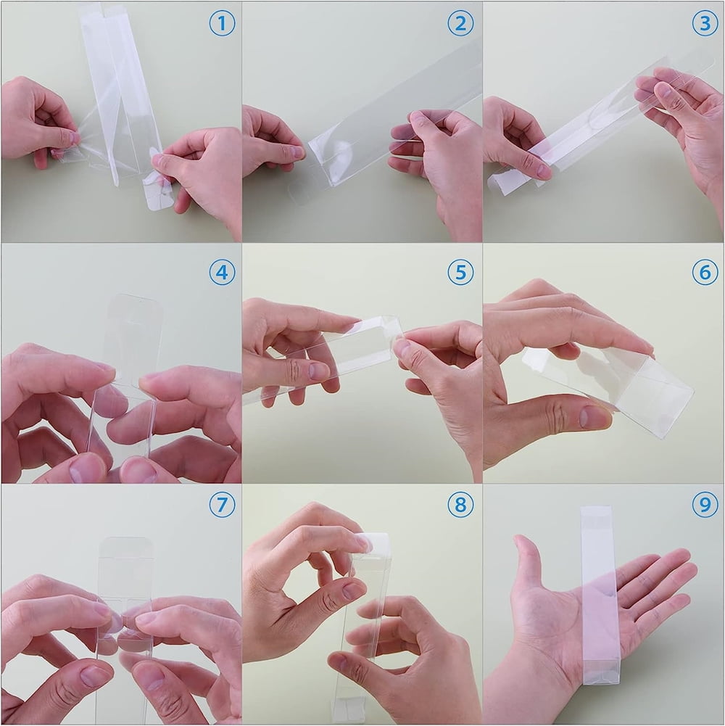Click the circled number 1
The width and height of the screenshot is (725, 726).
pyautogui.click(x=223, y=22)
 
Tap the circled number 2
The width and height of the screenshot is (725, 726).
pyautogui.click(x=460, y=22)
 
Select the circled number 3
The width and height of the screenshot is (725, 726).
pyautogui.click(x=705, y=22)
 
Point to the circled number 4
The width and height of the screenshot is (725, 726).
pyautogui.click(x=223, y=272)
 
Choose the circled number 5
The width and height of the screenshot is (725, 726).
pyautogui.click(x=460, y=272)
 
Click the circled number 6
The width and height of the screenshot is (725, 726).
pyautogui.click(x=705, y=272)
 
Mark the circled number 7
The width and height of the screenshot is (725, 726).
pyautogui.click(x=223, y=504)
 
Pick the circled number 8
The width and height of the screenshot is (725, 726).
pyautogui.click(x=460, y=504)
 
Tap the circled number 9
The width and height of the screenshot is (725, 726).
pyautogui.click(x=705, y=504)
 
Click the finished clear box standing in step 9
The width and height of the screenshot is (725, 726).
pyautogui.click(x=598, y=595)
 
